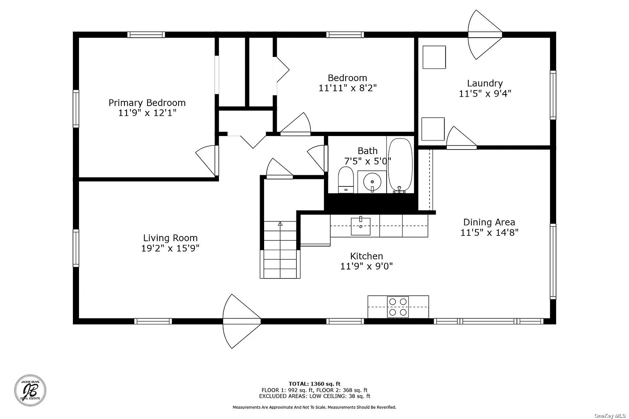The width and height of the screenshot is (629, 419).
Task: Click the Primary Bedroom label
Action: pos(147,103)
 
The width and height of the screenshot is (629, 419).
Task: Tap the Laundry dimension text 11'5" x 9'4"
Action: pos(485,93)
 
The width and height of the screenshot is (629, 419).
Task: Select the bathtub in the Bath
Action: pos(400,165)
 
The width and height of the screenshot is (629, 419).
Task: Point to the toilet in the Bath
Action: pos(346,180)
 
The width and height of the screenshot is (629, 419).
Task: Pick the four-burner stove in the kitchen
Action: pos(398,307)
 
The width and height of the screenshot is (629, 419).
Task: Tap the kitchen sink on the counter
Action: pos(360,226)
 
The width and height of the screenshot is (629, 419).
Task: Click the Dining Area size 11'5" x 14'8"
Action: pos(489,233)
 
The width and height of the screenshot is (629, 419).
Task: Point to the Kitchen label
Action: pos(367,256)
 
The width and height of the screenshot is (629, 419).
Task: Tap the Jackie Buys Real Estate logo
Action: pos(30,390)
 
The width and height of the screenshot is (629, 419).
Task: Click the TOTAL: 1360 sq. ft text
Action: pos(314,384)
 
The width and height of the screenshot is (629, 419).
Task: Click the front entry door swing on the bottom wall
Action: pos(242,321)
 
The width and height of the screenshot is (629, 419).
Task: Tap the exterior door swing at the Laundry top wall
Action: pos(485,35)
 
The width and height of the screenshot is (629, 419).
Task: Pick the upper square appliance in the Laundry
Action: pos(434,57)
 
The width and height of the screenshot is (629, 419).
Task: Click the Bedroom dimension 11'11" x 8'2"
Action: pos(347,88)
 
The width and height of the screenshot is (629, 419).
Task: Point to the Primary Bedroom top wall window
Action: pos(146,35)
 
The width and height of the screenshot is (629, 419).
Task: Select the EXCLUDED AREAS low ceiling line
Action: pos(314,396)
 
